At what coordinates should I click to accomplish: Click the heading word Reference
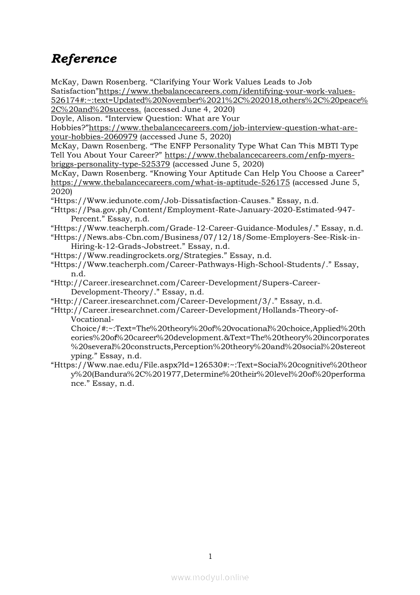(x=84, y=59)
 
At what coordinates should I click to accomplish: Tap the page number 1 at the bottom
(x=209, y=556)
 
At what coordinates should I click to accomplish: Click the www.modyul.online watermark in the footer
(x=209, y=577)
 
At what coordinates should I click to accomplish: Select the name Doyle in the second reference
(x=61, y=118)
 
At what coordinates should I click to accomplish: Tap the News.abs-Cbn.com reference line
(x=205, y=237)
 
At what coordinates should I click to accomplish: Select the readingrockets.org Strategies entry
(x=161, y=256)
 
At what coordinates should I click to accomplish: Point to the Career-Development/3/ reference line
(x=186, y=301)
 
